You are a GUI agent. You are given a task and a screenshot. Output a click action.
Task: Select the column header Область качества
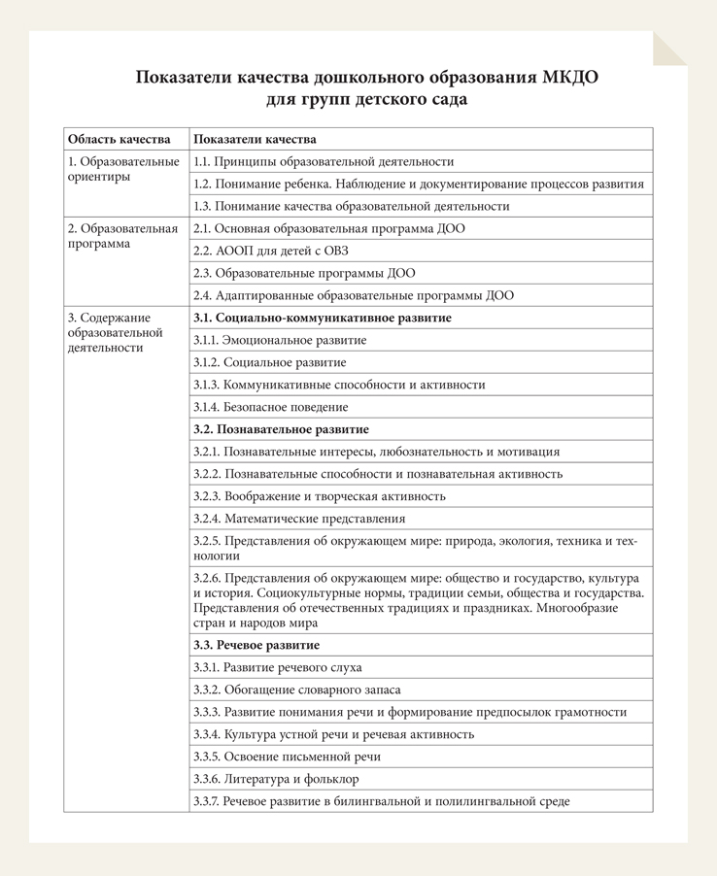pyautogui.click(x=119, y=139)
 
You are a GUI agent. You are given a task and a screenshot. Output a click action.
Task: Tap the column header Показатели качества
pyautogui.click(x=255, y=139)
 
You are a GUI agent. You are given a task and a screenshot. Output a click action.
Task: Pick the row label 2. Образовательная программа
pyautogui.click(x=122, y=236)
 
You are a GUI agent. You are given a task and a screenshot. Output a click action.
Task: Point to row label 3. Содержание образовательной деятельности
pyautogui.click(x=115, y=332)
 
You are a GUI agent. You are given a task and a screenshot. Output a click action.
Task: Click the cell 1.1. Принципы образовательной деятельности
pyautogui.click(x=324, y=162)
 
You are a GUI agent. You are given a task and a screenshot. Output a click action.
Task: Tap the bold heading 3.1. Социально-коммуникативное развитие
pyautogui.click(x=322, y=318)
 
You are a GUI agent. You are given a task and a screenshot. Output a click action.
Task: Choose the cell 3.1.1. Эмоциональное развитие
pyautogui.click(x=280, y=340)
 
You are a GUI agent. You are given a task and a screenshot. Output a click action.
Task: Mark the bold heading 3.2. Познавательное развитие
pyautogui.click(x=281, y=429)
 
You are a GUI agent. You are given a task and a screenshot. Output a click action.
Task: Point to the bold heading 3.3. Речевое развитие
pyautogui.click(x=256, y=645)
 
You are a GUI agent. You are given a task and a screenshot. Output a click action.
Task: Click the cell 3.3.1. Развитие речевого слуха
pyautogui.click(x=277, y=667)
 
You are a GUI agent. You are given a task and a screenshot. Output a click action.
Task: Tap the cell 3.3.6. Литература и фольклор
pyautogui.click(x=276, y=779)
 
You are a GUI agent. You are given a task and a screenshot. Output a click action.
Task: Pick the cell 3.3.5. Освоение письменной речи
pyautogui.click(x=287, y=757)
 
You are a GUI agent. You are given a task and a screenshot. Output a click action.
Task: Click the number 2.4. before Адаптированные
pyautogui.click(x=202, y=295)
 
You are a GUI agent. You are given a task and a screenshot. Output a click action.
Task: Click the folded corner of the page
pyautogui.click(x=671, y=48)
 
